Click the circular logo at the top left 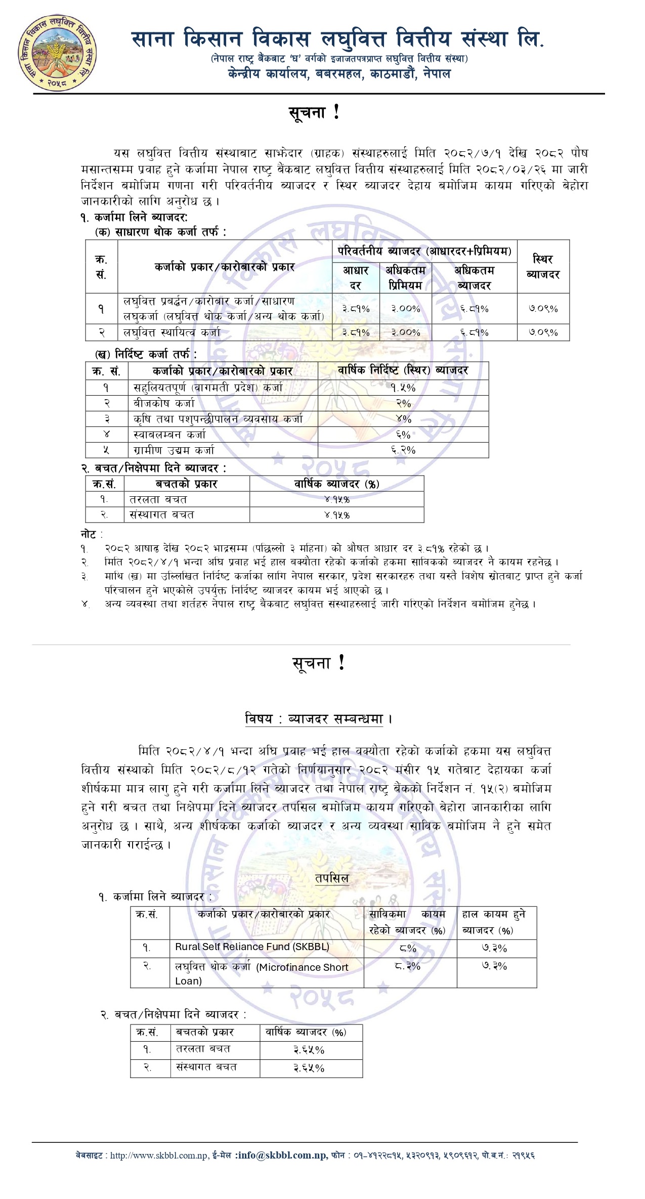57,53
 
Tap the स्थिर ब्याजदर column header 543,267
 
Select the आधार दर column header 356,277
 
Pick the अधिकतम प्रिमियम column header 405,277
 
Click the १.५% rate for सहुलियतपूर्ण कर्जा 403,388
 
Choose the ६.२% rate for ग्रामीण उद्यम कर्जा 403,450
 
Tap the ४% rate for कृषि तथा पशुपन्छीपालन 403,419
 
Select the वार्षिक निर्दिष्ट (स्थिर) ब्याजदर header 403,370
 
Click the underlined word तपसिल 332,878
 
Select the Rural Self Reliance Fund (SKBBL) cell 252,947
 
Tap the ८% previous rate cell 408,948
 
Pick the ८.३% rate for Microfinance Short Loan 408,966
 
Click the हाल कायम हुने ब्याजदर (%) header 493,922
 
